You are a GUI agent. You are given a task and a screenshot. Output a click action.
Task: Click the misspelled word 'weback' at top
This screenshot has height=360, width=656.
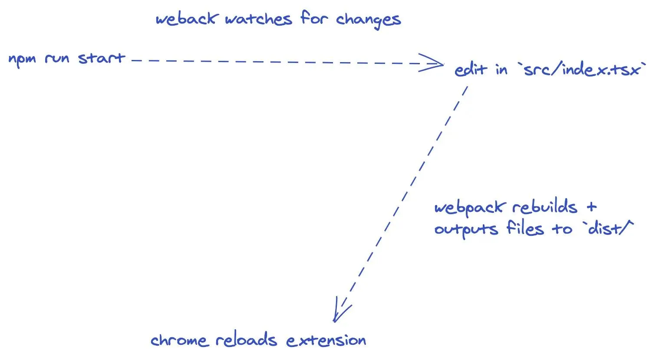[186, 19]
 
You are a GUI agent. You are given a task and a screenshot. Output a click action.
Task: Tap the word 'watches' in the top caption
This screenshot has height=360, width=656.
[259, 19]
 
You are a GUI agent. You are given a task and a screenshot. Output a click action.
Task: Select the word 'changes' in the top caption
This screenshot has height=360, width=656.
[368, 20]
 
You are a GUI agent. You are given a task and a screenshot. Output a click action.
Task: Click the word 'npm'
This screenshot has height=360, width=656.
[22, 59]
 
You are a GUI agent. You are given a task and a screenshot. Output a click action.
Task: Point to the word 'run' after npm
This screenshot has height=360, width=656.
[57, 59]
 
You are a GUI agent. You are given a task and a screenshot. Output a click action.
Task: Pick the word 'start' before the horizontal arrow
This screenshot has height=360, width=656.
[102, 58]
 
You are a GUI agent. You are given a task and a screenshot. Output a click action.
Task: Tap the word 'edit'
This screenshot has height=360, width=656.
[471, 69]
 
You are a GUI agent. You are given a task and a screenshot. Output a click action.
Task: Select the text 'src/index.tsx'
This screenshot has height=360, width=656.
[582, 69]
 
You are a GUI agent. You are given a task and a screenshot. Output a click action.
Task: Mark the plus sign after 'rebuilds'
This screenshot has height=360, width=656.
[591, 207]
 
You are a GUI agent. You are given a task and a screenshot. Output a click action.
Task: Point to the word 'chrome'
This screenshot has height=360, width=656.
[179, 340]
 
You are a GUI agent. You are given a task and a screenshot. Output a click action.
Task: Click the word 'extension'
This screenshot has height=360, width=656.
[326, 340]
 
